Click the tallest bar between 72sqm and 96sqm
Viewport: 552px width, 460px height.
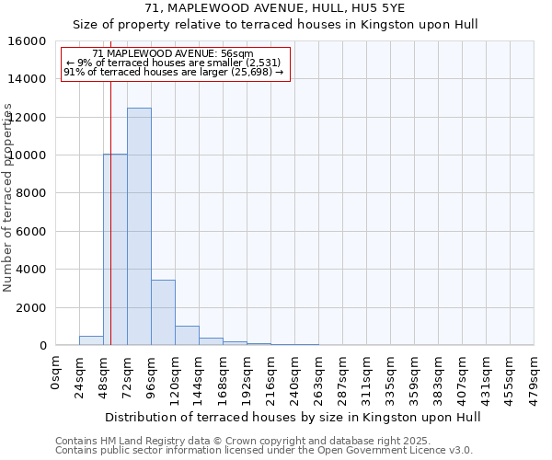pyautogui.click(x=139, y=226)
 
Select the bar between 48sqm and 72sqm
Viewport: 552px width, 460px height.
pyautogui.click(x=115, y=249)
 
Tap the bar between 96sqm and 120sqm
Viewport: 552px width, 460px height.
pyautogui.click(x=163, y=313)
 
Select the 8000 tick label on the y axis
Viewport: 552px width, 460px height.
pyautogui.click(x=30, y=193)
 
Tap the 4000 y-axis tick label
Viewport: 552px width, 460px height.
pyautogui.click(x=30, y=270)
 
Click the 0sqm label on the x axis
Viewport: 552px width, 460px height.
pyautogui.click(x=55, y=373)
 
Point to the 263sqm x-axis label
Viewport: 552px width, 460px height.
pyautogui.click(x=318, y=377)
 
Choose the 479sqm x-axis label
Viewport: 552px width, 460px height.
pyautogui.click(x=534, y=377)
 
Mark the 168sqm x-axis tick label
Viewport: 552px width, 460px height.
pyautogui.click(x=223, y=377)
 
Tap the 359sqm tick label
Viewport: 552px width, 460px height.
pyautogui.click(x=414, y=377)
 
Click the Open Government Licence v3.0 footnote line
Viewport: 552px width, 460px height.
pyautogui.click(x=264, y=451)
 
